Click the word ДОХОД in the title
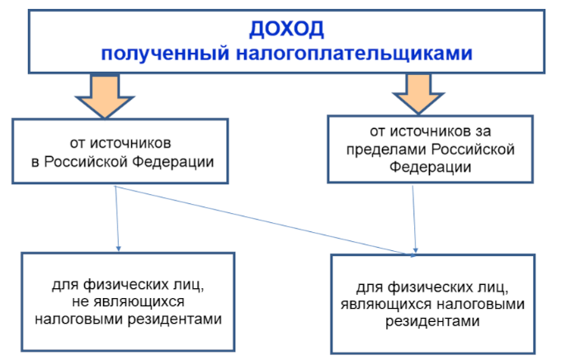tap(286, 29)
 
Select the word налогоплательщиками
tap(355, 54)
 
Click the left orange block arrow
tap(105, 95)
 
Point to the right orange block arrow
tap(418, 93)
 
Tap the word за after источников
tap(483, 131)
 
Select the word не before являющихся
tap(81, 301)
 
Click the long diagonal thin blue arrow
tap(265, 220)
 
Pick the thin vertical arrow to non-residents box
tap(117, 218)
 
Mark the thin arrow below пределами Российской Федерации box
tap(414, 219)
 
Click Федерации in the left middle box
tap(173, 163)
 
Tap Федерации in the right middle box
tap(430, 168)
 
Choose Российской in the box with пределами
tap(473, 149)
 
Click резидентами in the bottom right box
tap(432, 321)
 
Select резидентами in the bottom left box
tap(175, 319)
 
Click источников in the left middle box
tap(130, 144)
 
